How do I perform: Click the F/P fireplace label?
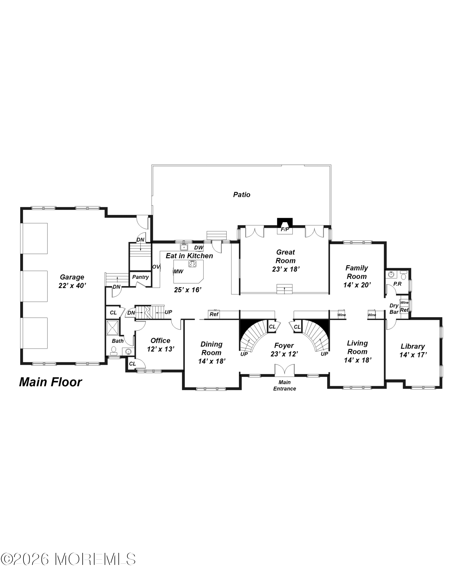(x=285, y=229)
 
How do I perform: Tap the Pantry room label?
(x=140, y=277)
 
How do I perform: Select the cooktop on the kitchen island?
(x=192, y=264)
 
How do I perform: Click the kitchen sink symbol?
(x=184, y=247)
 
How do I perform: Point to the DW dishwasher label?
(x=198, y=248)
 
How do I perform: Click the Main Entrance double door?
(x=284, y=370)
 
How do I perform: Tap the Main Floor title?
(x=50, y=382)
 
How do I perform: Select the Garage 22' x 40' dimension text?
(x=72, y=286)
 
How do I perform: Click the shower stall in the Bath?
(x=113, y=328)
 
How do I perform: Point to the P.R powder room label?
(x=397, y=284)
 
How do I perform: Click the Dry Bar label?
(x=394, y=309)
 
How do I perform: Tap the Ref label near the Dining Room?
(x=214, y=314)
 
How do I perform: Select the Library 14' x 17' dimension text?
(x=413, y=355)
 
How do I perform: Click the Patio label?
(x=242, y=195)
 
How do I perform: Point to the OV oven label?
(x=156, y=267)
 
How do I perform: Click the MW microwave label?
(x=178, y=272)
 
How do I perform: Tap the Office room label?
(x=160, y=340)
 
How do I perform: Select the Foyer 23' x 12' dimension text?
(x=284, y=354)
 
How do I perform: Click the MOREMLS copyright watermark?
(x=68, y=559)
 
